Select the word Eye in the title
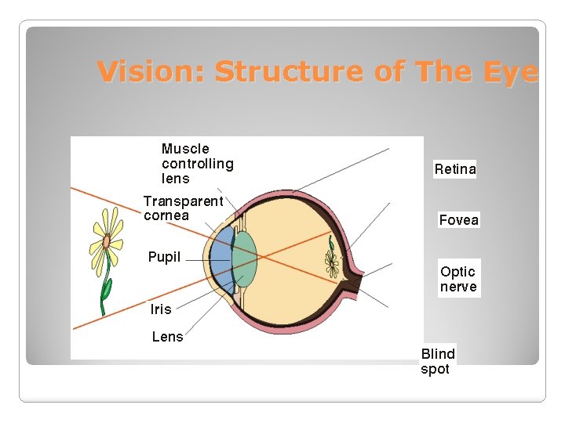[x=513, y=71]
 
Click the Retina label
[x=455, y=169]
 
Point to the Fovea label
[x=458, y=220]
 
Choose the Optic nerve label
[x=458, y=279]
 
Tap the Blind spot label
[x=438, y=361]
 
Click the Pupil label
[x=164, y=257]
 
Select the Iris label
[x=161, y=309]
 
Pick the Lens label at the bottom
[x=167, y=337]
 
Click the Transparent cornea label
[x=183, y=208]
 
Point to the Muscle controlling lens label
[x=197, y=164]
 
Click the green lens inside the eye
[x=244, y=258]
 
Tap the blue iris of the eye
[x=222, y=258]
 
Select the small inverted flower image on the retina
[x=332, y=259]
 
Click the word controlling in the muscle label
[x=197, y=164]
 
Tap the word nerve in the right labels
[x=458, y=287]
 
